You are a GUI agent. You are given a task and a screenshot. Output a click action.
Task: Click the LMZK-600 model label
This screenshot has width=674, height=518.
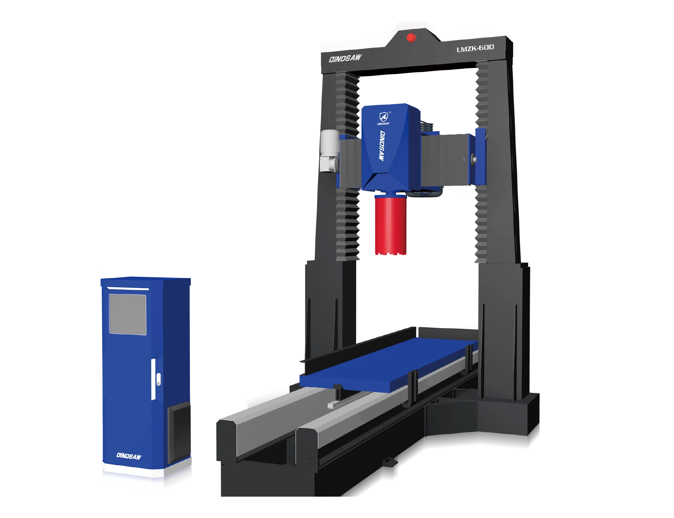tap(475, 48)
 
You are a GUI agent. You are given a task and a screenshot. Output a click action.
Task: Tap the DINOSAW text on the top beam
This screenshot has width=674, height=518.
tap(345, 58)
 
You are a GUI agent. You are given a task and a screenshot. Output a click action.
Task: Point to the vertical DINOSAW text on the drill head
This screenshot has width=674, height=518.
tap(382, 146)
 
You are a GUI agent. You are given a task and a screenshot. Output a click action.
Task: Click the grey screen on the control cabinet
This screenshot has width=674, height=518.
tap(127, 314)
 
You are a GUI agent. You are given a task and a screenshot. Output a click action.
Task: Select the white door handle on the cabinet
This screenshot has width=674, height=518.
tap(158, 379)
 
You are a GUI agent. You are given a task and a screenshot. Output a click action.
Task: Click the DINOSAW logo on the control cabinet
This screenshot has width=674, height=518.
tap(129, 456)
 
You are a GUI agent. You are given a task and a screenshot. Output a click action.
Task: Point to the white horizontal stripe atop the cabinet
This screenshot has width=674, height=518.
tap(128, 289)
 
